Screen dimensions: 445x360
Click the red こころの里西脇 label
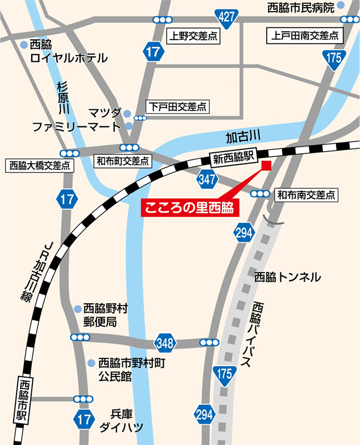pos(188,209)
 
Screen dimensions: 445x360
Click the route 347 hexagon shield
pos(207,179)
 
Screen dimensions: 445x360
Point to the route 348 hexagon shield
pos(166,343)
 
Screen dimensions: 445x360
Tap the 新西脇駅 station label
pos(234,159)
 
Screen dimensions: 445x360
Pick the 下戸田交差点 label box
pos(178,107)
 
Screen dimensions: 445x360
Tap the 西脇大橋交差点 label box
pos(39,165)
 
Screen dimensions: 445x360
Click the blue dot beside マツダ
pos(127,113)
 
